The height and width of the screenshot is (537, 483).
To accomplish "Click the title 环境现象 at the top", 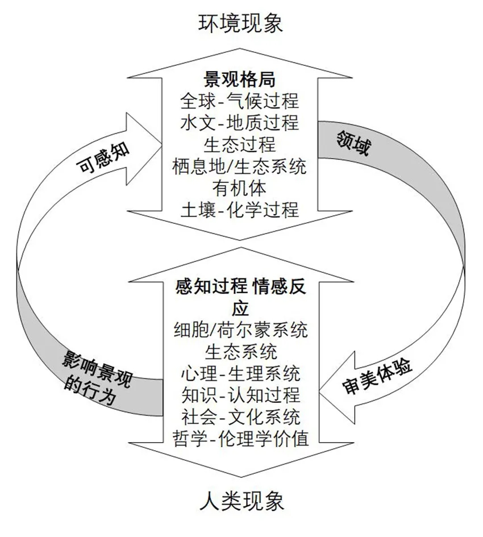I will (x=240, y=23).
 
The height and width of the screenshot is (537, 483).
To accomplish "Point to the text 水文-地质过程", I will (x=240, y=123).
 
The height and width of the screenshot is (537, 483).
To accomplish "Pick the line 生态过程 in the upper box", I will (x=240, y=144).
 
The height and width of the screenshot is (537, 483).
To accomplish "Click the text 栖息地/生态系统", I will (x=240, y=166).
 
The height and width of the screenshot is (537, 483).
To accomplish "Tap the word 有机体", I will (x=240, y=187).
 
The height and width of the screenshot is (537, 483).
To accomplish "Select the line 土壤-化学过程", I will (x=240, y=209).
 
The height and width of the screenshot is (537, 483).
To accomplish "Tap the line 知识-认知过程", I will (x=240, y=396).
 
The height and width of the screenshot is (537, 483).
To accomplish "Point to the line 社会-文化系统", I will (x=240, y=417).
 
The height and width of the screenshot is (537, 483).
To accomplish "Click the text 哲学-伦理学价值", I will (x=240, y=439).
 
